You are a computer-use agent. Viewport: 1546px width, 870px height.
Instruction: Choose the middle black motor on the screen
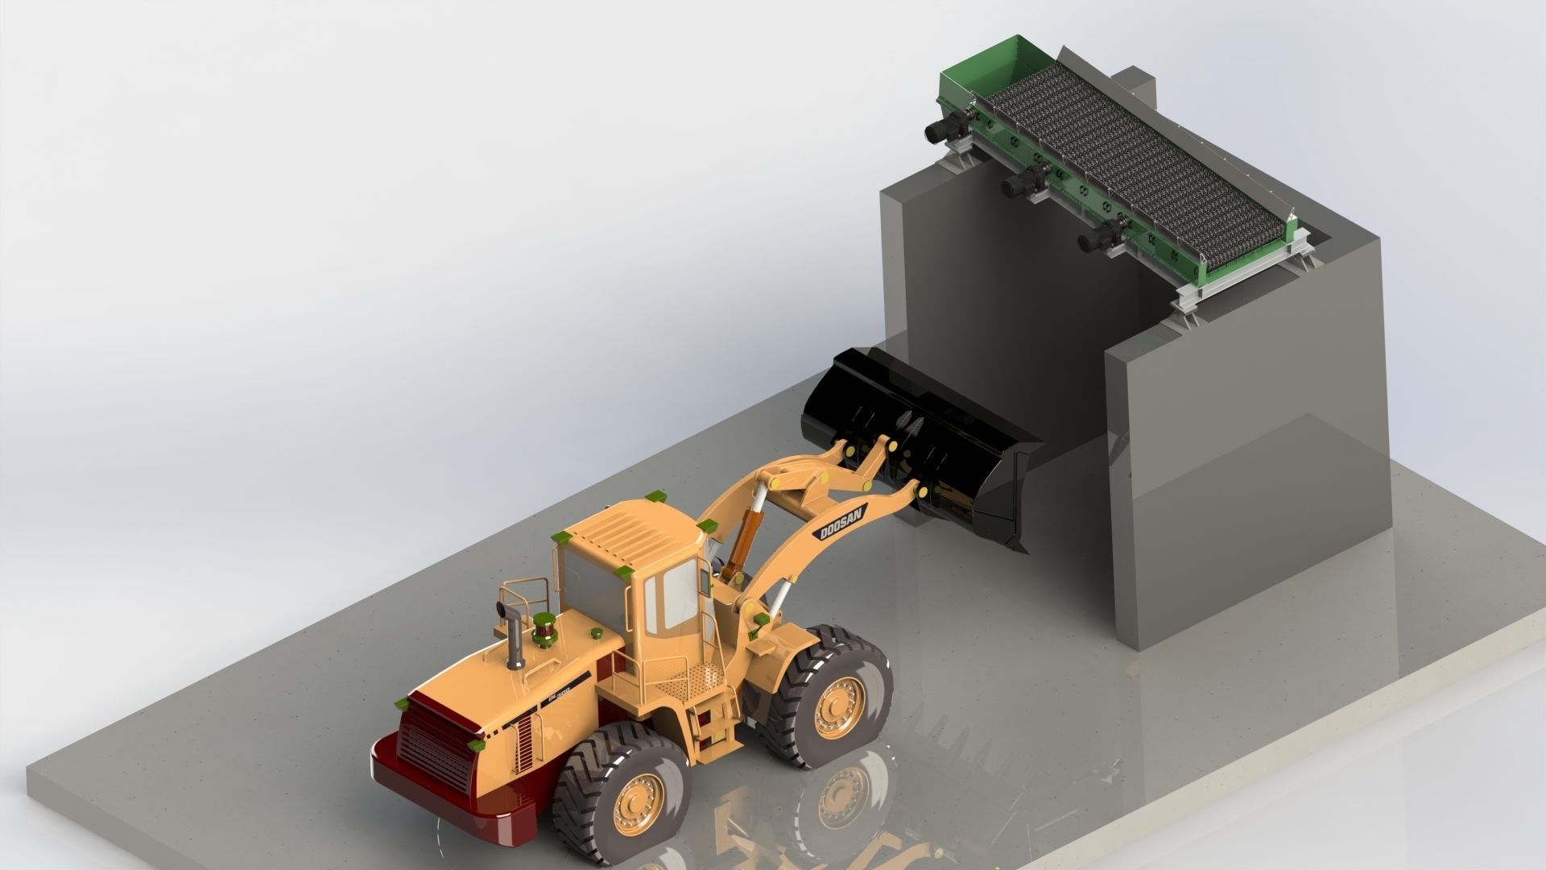(x=1019, y=183)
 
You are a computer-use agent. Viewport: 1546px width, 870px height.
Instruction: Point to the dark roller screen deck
(x=1127, y=161)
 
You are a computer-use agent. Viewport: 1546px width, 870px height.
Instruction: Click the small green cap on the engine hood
(x=597, y=634)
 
